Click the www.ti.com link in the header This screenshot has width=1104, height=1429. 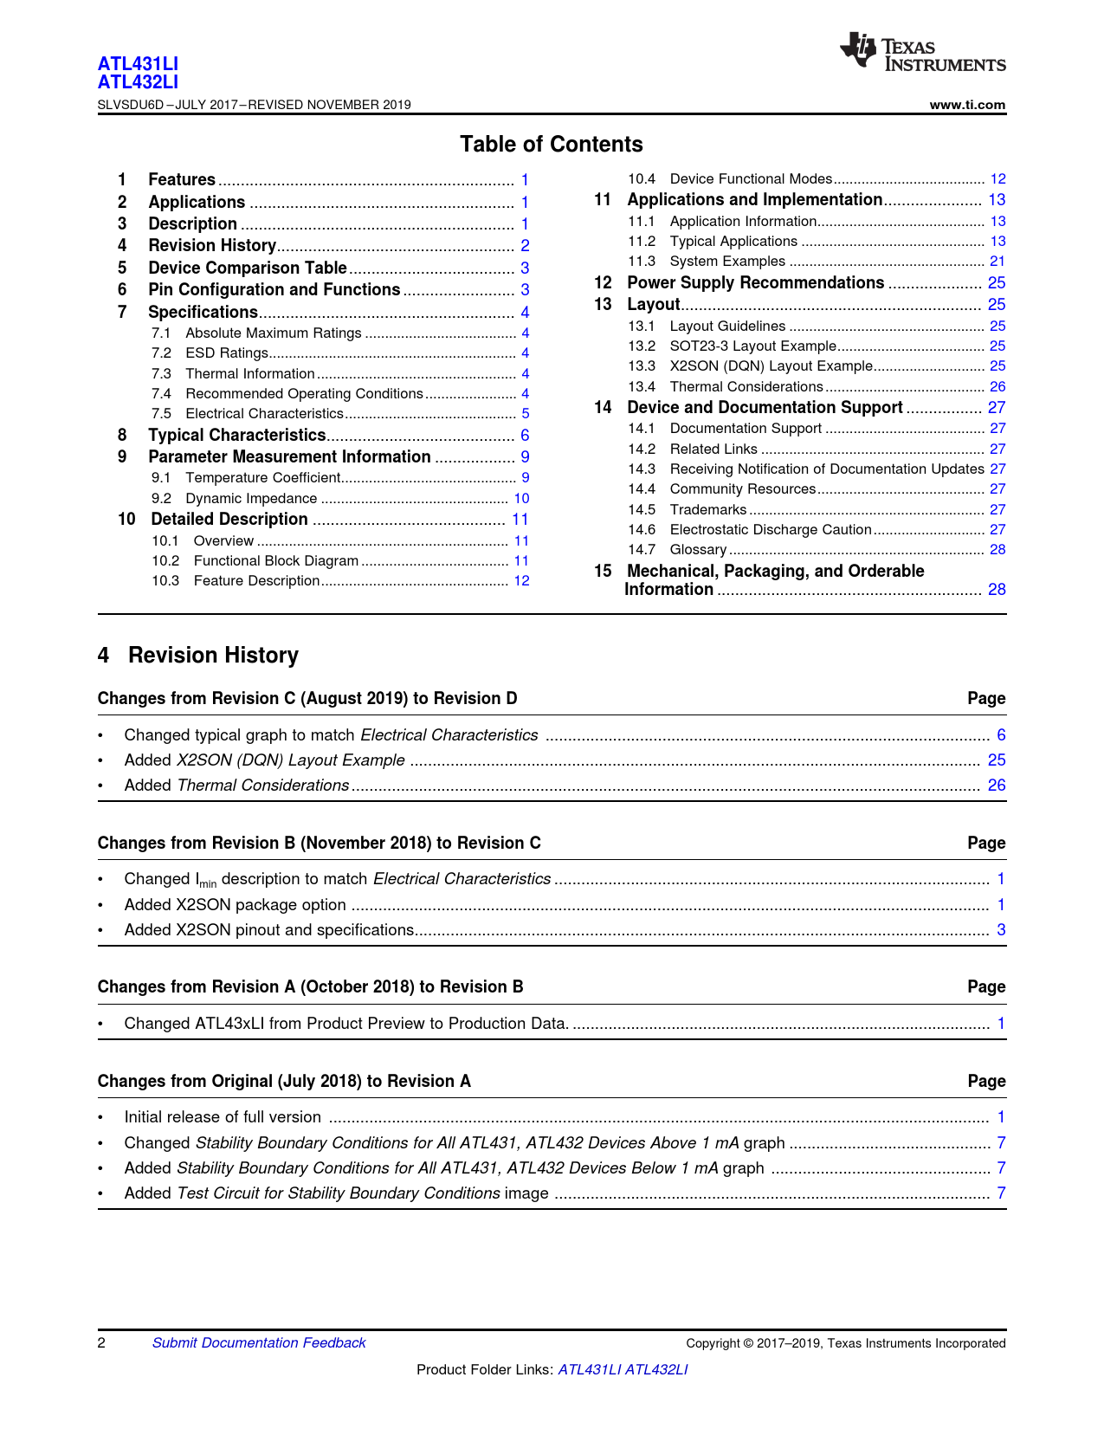tap(967, 105)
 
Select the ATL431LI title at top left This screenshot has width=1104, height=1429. tap(138, 64)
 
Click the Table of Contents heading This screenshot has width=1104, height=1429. tap(551, 145)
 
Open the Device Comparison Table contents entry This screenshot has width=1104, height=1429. tap(247, 268)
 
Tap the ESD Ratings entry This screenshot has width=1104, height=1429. tap(226, 353)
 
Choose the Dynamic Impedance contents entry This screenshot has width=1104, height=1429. tap(251, 499)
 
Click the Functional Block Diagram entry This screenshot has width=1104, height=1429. tap(275, 561)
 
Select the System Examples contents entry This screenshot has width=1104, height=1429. tap(727, 262)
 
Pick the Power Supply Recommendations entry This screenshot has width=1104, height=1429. tap(755, 283)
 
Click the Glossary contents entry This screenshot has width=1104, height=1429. tap(698, 550)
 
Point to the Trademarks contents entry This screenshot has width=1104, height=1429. tap(707, 510)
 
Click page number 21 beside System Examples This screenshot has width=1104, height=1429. tap(997, 262)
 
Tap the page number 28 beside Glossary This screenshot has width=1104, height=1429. tap(997, 550)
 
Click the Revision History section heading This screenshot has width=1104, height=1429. tap(213, 656)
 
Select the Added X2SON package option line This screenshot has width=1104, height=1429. tap(235, 905)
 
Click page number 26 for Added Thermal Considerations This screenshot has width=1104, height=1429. tap(997, 786)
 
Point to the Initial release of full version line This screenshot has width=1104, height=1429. tap(223, 1117)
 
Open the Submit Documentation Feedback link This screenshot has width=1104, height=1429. tap(259, 1343)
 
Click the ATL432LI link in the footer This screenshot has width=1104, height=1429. tap(656, 1370)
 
